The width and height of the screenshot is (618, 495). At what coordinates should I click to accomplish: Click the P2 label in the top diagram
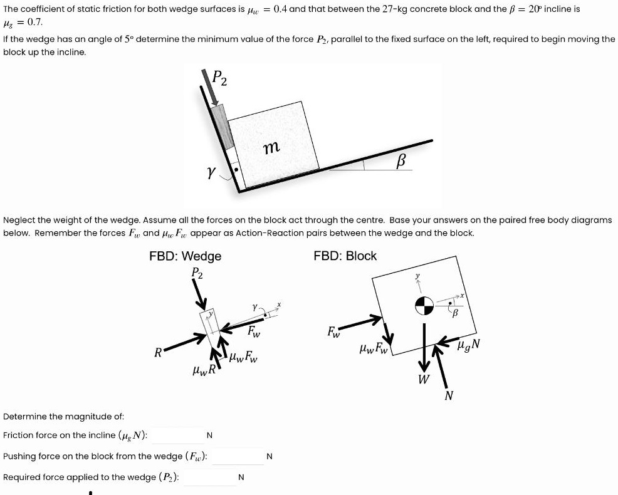tap(219, 78)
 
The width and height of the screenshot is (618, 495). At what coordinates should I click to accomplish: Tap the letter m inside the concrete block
tap(271, 148)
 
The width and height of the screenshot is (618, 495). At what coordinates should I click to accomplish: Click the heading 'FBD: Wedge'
tap(185, 256)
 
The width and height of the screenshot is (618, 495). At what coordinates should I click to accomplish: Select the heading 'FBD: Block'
tap(345, 256)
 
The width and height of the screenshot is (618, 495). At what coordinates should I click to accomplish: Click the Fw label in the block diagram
tap(334, 332)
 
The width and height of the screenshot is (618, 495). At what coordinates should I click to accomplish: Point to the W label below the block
tap(424, 379)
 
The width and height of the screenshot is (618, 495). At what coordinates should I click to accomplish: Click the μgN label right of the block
tap(469, 343)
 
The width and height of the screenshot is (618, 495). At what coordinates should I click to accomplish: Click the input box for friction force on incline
tap(177, 435)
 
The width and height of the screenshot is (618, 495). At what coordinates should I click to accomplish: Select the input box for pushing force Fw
tap(237, 456)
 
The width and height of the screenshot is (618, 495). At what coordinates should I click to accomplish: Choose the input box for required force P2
tap(209, 477)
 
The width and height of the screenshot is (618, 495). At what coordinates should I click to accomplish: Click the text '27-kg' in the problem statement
tap(392, 9)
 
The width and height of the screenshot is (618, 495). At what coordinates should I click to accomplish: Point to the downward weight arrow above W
tap(424, 348)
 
